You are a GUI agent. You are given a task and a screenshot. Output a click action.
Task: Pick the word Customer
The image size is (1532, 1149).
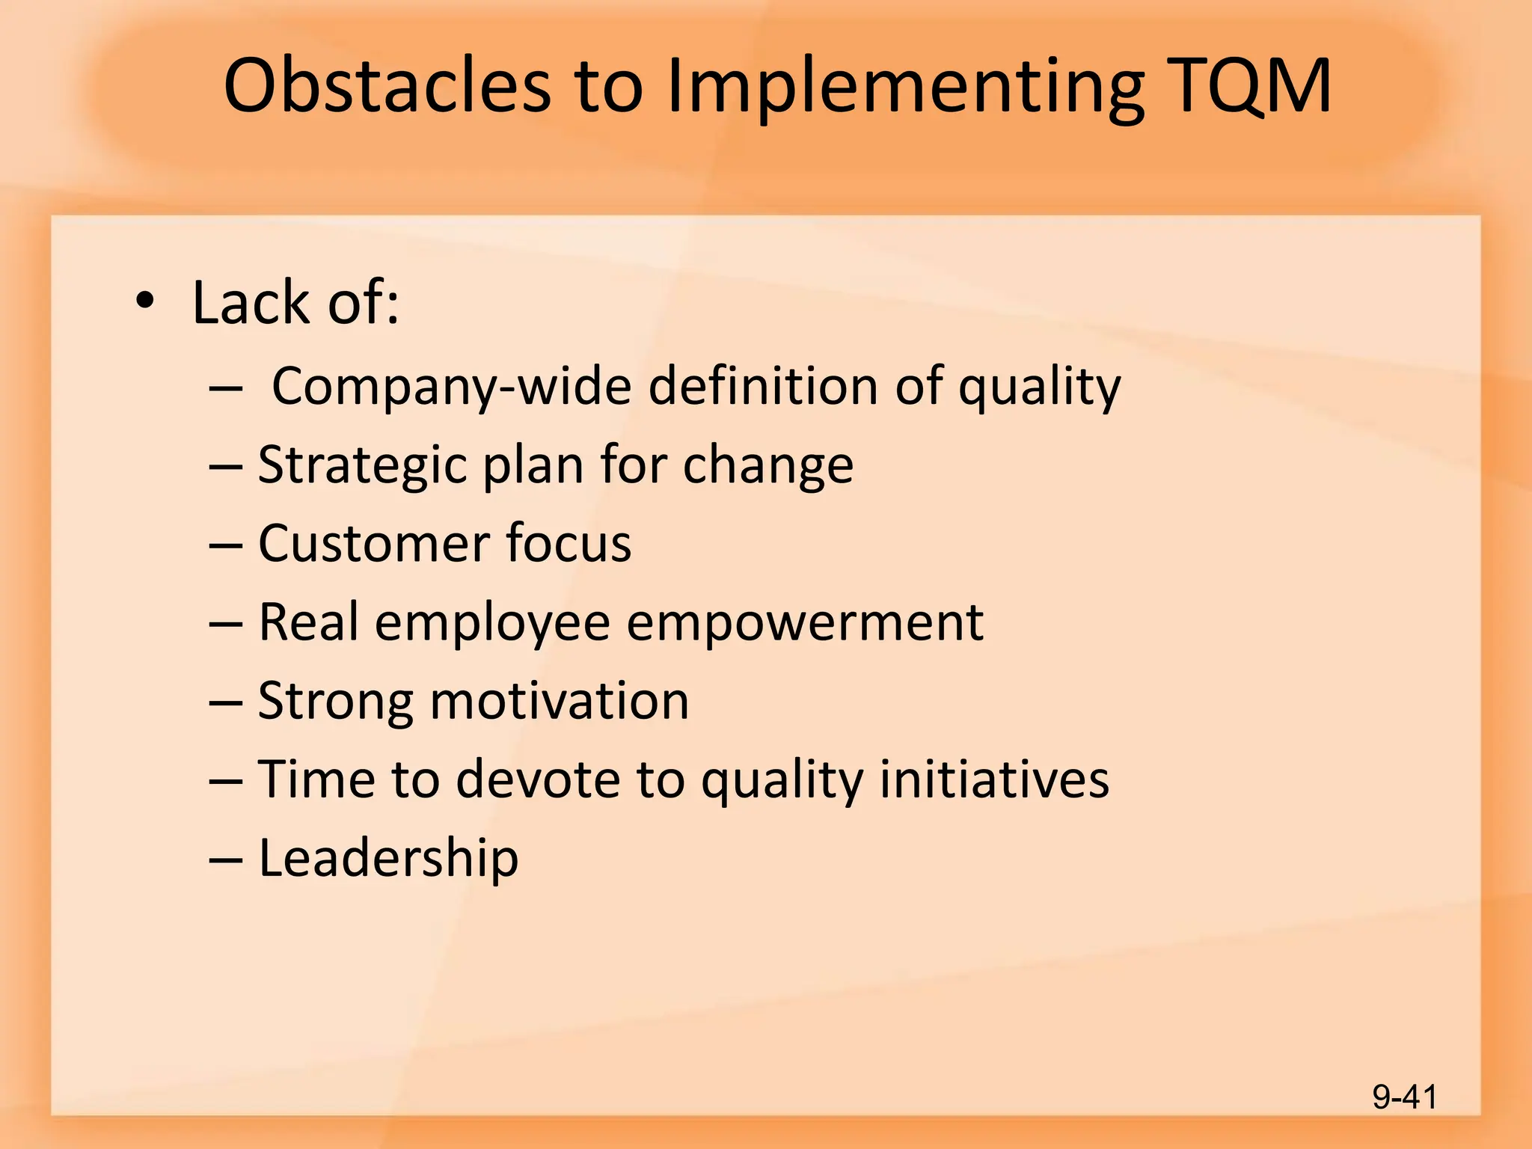coord(373,543)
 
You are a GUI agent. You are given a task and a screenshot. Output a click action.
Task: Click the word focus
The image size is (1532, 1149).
coord(569,543)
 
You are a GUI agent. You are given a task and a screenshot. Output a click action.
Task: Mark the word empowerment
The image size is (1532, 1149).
coord(804,624)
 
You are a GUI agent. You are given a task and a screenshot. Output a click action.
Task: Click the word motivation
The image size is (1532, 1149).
coord(559,702)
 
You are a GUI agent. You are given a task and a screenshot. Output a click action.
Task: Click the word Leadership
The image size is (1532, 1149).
coord(387,858)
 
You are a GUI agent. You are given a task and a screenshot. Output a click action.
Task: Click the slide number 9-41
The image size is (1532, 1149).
coord(1404,1097)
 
